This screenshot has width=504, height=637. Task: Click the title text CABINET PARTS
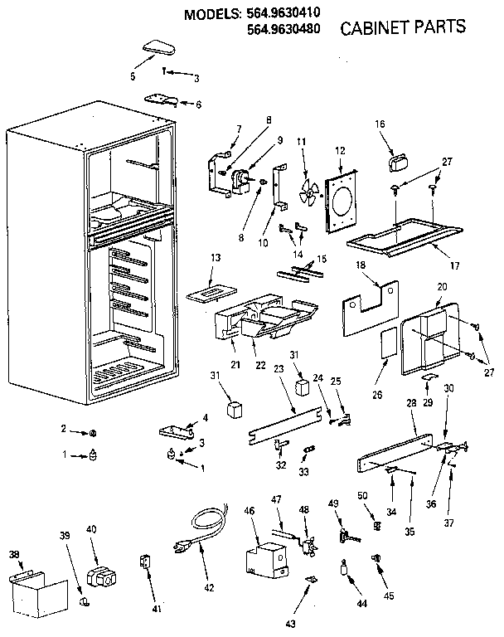click(403, 27)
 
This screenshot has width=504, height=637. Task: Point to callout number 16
click(380, 124)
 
